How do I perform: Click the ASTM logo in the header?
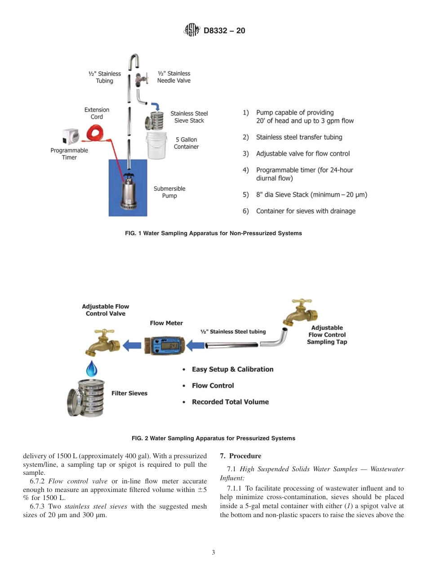click(x=192, y=31)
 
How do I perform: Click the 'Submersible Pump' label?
click(x=169, y=192)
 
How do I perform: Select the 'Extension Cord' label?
click(x=97, y=113)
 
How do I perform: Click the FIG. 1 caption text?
click(x=213, y=233)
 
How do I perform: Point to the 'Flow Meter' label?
click(x=166, y=323)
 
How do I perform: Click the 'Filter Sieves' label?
click(x=129, y=393)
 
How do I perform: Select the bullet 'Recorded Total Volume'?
click(x=230, y=402)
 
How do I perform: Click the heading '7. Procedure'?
click(x=240, y=456)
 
